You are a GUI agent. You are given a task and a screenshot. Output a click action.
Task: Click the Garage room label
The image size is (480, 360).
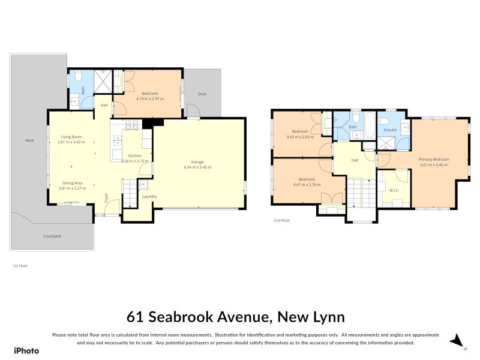[x=201, y=161]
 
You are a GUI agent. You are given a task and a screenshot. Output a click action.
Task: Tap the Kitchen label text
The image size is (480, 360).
[x=134, y=155]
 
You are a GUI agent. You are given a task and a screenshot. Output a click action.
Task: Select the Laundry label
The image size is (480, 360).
[x=149, y=196]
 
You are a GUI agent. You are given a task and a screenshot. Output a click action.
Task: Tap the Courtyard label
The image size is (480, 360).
[x=52, y=236]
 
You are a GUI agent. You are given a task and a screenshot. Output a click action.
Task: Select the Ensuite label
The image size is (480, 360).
[x=391, y=130]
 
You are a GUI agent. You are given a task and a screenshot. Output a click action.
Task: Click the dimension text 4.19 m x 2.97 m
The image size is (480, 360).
[x=150, y=98]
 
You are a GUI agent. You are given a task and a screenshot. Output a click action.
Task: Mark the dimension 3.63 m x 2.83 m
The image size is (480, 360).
[x=300, y=136]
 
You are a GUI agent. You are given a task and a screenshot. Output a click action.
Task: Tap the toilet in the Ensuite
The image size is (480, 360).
[x=405, y=127]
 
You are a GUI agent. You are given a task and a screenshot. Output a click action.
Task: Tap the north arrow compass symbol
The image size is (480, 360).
[x=457, y=341]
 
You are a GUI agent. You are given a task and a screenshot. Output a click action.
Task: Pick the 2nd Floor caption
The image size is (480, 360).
[x=281, y=221]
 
